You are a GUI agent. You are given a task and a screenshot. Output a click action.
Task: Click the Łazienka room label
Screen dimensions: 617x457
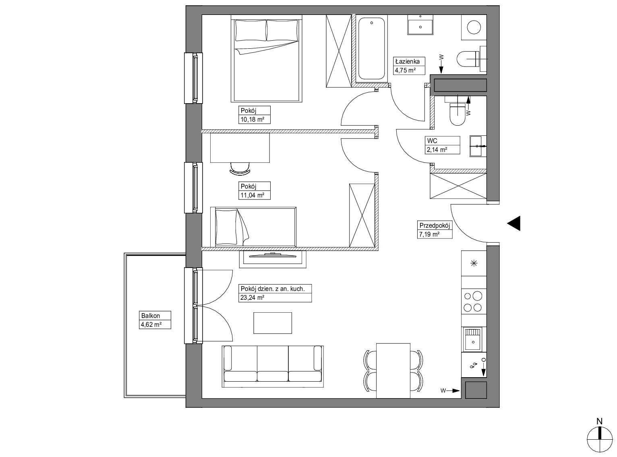tap(407, 61)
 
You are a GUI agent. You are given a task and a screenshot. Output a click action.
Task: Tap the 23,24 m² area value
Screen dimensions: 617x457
tap(252, 298)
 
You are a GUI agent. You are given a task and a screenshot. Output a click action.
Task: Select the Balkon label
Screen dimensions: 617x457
tap(151, 316)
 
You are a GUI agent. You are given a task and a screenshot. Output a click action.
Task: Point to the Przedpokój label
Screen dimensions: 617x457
tap(435, 225)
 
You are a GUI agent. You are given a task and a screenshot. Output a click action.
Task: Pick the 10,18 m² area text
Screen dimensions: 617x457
tap(252, 120)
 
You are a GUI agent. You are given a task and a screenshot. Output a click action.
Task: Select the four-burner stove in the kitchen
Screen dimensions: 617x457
tap(474, 301)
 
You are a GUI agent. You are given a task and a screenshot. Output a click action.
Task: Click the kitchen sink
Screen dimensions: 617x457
tap(473, 339)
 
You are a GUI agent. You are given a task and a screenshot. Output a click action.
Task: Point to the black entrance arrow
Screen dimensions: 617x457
tap(513, 223)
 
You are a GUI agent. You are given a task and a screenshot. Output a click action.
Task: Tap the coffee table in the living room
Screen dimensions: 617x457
tap(273, 323)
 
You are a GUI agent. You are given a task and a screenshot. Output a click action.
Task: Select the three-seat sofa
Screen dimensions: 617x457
tap(273, 366)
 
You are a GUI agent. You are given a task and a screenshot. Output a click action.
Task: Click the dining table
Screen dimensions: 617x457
tap(393, 371)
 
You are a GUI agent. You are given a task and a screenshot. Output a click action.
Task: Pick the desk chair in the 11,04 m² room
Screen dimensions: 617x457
tap(240, 169)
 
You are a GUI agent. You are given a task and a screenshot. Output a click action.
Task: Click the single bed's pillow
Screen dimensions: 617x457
tap(226, 227)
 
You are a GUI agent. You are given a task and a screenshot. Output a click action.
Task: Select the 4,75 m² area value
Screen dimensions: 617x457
tap(405, 70)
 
